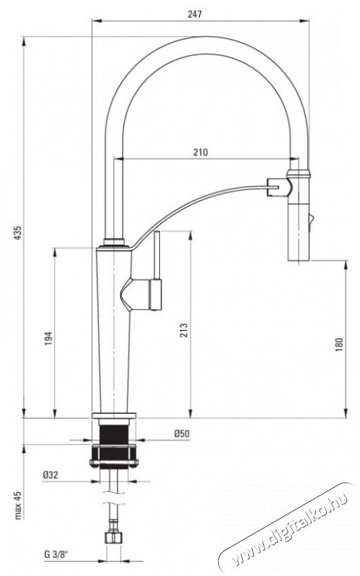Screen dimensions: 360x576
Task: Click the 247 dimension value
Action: click(x=195, y=14)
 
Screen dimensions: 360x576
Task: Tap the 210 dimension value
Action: click(x=201, y=152)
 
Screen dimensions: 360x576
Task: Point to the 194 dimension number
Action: click(x=49, y=338)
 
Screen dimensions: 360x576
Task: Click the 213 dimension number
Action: click(x=184, y=330)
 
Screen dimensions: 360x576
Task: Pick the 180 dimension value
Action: click(x=339, y=344)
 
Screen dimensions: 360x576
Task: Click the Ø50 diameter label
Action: click(x=182, y=434)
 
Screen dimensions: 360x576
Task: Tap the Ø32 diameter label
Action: click(x=50, y=475)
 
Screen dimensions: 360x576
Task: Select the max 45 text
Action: click(x=18, y=506)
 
